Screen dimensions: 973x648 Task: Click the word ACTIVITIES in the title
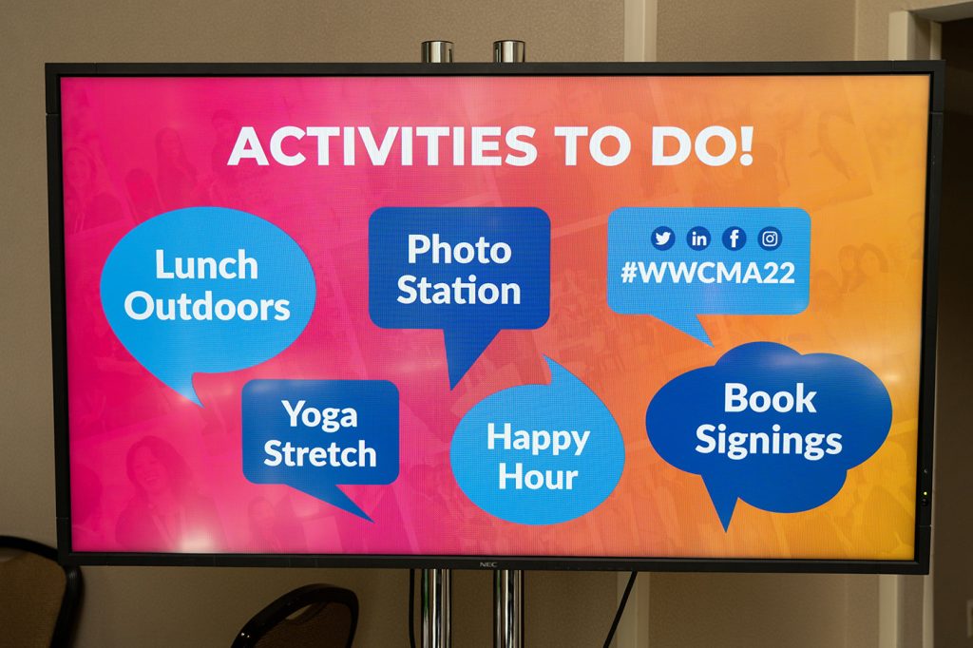tap(382, 146)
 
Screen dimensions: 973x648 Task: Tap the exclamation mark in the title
tap(745, 146)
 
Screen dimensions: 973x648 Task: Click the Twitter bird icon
tap(662, 238)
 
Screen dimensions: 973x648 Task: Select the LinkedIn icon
tap(698, 238)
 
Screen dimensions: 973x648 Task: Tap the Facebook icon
tap(735, 238)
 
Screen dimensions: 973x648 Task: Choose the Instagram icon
tap(770, 238)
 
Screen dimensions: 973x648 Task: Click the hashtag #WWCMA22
tap(708, 273)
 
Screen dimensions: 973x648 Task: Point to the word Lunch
tap(206, 265)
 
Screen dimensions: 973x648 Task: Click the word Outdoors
tap(207, 306)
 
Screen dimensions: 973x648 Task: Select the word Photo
tap(459, 250)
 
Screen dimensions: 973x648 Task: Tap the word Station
tap(459, 290)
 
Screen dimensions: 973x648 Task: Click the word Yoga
tap(319, 414)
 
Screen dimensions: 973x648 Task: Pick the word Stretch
tap(320, 454)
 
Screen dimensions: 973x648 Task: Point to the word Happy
tap(538, 438)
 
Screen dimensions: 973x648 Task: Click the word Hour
tap(538, 477)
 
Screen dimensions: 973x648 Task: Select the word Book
tap(770, 398)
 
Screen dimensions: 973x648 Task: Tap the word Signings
tap(768, 441)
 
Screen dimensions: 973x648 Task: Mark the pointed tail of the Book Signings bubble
tap(725, 531)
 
